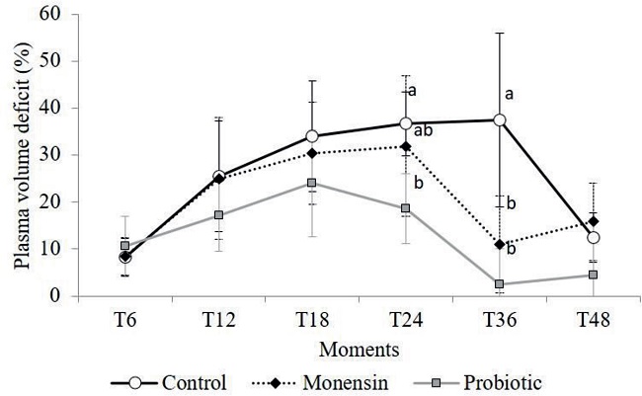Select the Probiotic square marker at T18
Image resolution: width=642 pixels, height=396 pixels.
(311, 183)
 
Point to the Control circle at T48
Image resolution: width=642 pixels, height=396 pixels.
(594, 238)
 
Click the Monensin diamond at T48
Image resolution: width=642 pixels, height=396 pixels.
(594, 221)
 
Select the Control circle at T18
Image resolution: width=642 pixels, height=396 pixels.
(311, 136)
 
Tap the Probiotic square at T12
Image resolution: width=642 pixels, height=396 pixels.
(217, 214)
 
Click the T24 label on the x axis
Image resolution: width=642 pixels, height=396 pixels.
(405, 322)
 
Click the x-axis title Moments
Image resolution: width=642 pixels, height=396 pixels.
(358, 348)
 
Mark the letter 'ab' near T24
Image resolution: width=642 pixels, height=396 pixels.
(424, 129)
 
